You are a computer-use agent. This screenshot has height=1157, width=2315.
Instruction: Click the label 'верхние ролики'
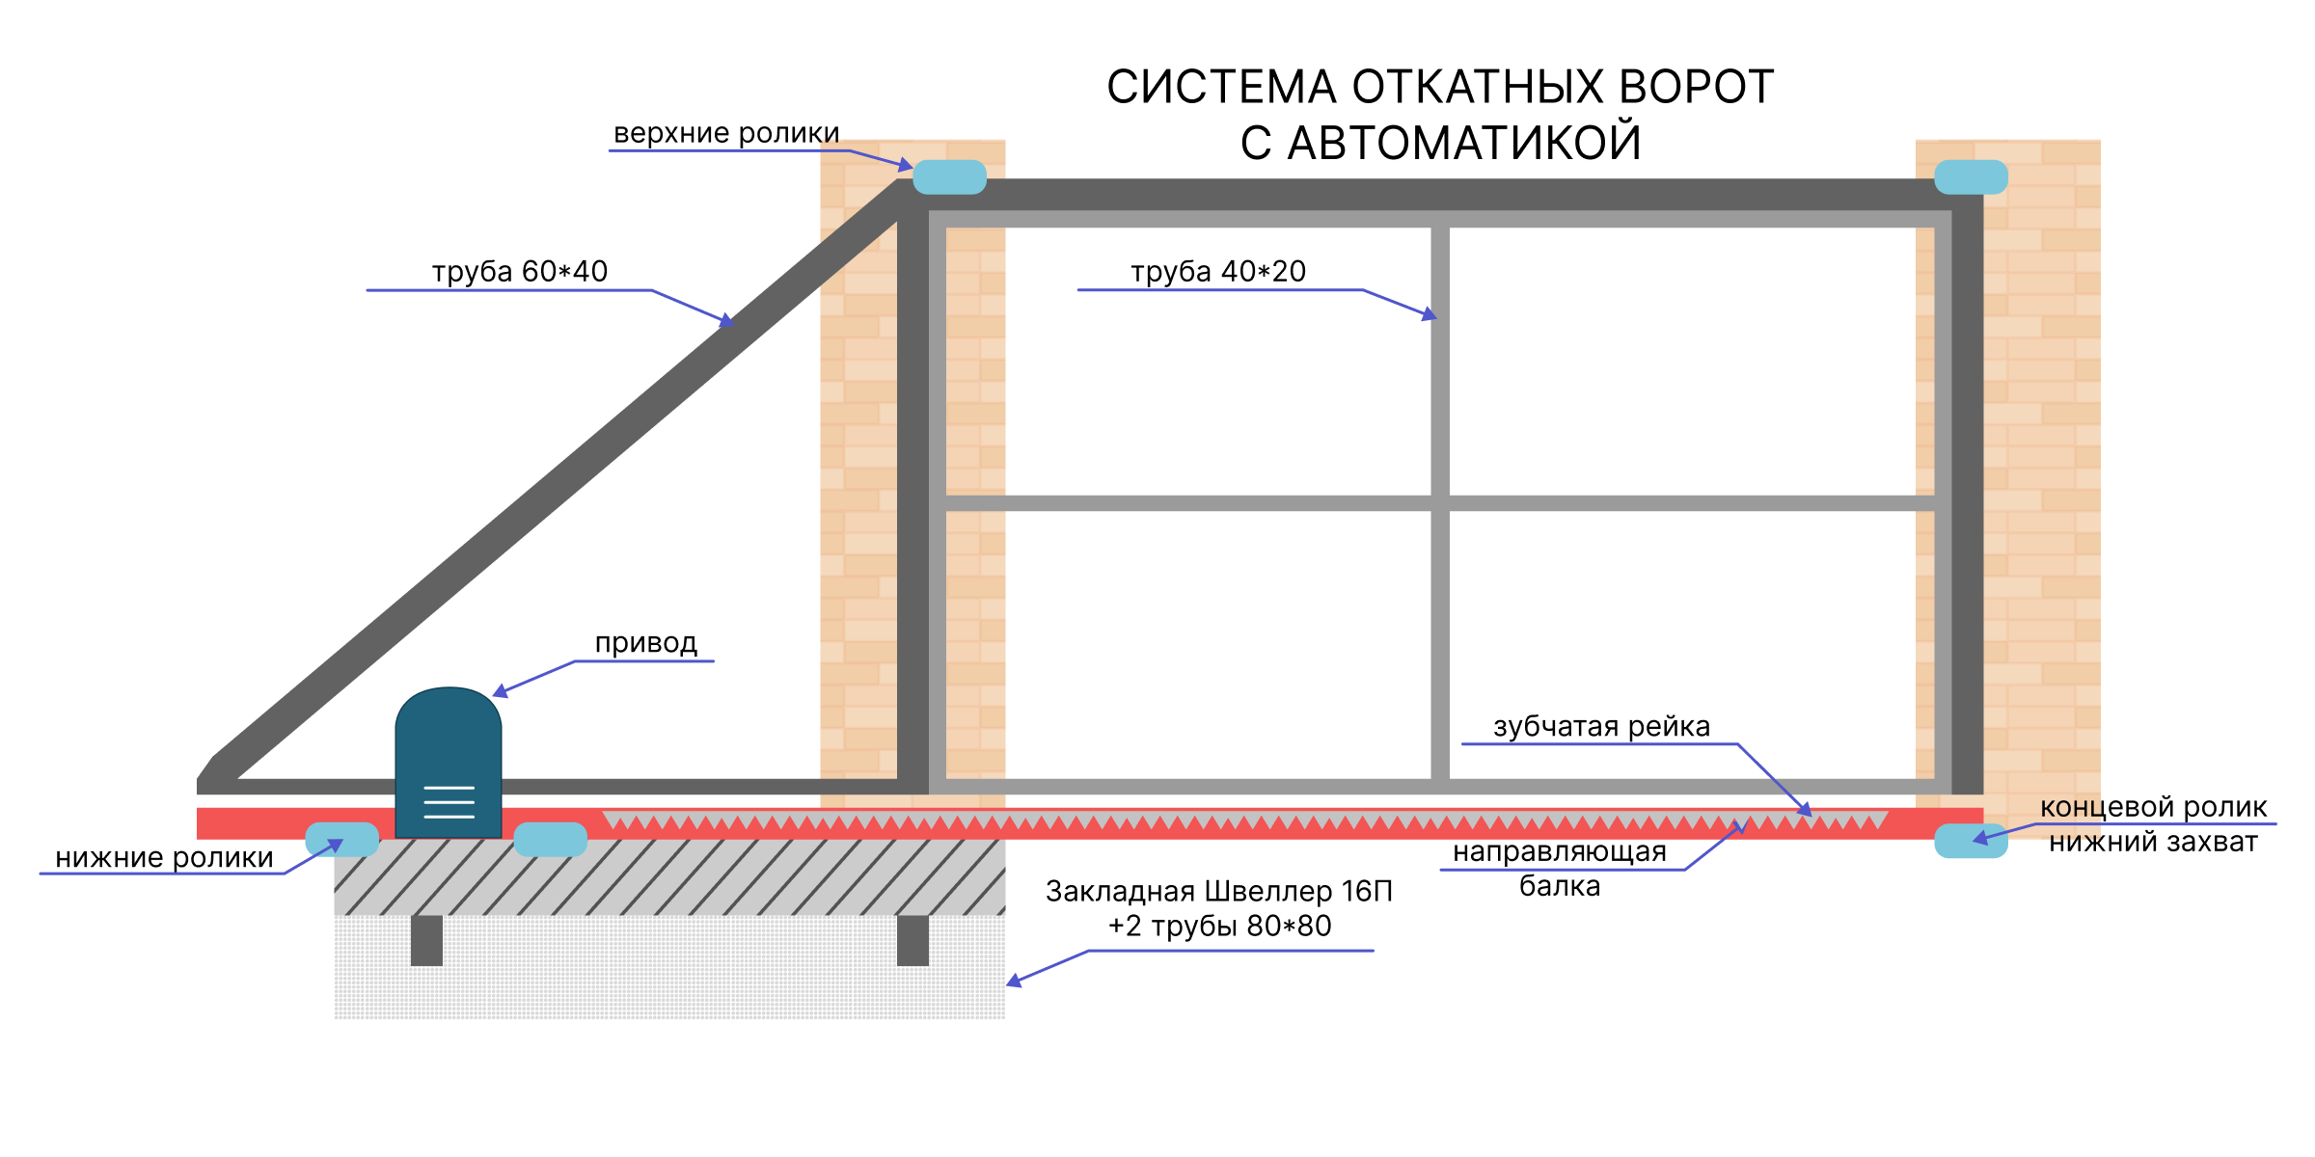[726, 133]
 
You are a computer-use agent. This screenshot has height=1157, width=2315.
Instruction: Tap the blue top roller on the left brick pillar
[949, 177]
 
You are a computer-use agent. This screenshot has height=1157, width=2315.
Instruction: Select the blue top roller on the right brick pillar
[1971, 177]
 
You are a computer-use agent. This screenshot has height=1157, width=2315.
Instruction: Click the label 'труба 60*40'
[520, 272]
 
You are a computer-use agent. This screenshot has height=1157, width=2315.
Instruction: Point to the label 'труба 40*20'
[1218, 272]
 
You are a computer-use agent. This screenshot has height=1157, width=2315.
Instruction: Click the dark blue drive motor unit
[449, 763]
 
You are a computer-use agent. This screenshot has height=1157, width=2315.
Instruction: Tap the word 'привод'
[645, 643]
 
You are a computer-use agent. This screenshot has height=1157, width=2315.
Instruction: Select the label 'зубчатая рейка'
[1601, 727]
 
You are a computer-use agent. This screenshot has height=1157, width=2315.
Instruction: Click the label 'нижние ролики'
[164, 858]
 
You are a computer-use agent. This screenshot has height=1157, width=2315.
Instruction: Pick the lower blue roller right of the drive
[551, 840]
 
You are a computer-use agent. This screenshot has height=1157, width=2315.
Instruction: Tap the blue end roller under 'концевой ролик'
[1971, 841]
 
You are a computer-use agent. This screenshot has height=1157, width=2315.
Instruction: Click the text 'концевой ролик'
[2153, 807]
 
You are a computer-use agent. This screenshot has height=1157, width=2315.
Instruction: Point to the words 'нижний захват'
[2153, 843]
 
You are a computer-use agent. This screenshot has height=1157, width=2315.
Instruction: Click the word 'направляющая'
[1560, 852]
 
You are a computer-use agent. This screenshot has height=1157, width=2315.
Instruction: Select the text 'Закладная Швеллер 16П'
[1219, 892]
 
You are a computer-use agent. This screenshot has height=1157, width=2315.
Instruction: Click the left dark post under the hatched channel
[426, 940]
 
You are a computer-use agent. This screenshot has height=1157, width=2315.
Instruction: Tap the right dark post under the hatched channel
[912, 940]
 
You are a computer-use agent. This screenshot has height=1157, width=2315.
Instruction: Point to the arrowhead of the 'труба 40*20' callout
[1430, 313]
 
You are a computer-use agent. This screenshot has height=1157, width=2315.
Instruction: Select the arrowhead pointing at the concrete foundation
[1014, 981]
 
